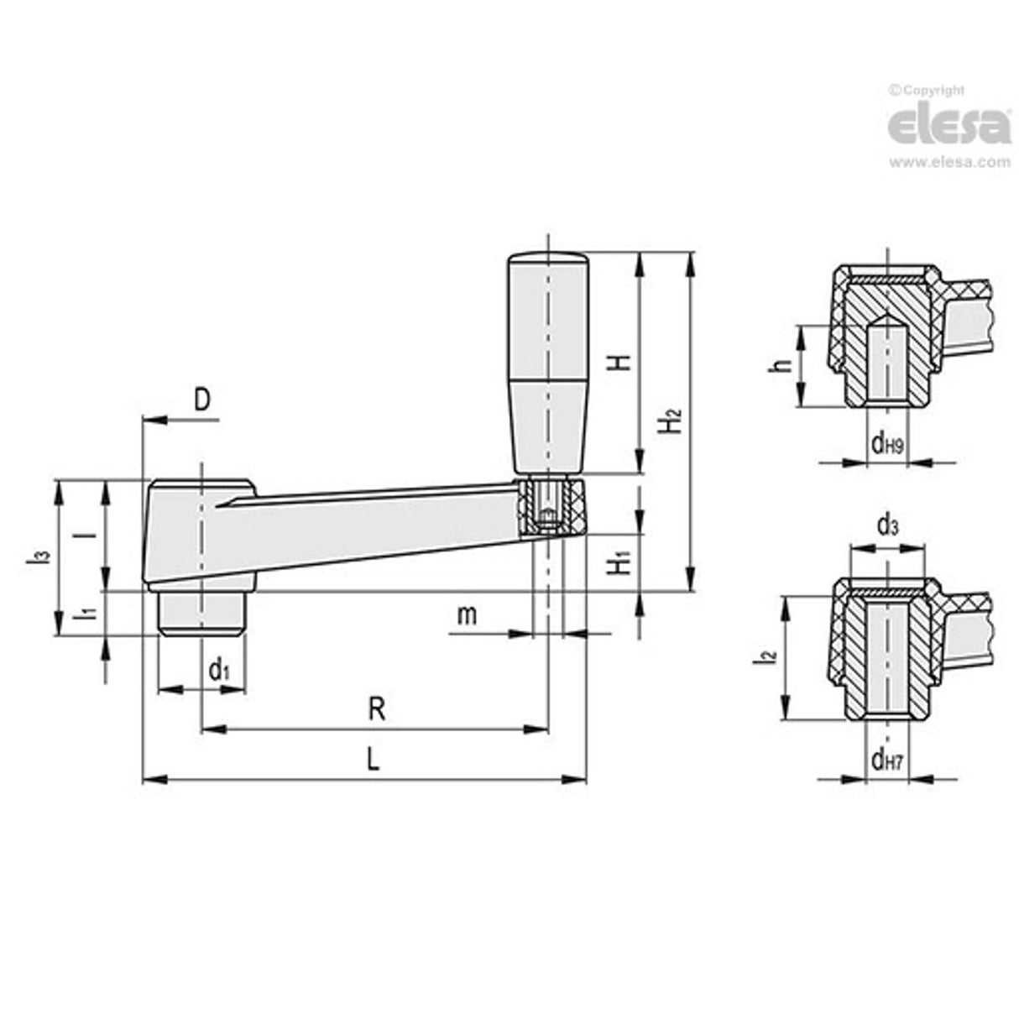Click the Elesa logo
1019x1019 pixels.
coord(949,125)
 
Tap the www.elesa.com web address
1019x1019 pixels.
coord(949,163)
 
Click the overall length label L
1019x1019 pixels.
coord(374,760)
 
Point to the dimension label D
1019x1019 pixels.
coord(202,400)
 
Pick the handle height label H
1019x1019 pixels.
coord(619,363)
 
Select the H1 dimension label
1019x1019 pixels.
coord(619,562)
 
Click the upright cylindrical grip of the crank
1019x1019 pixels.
coord(547,361)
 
